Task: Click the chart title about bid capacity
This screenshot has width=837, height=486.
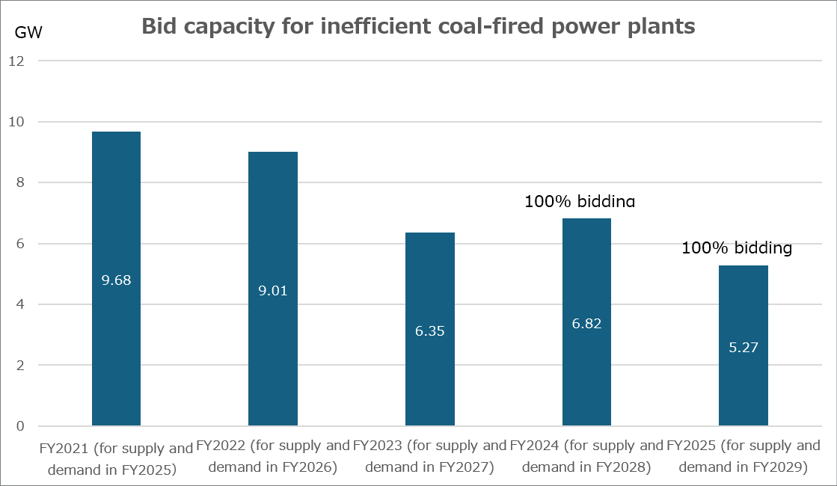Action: click(x=418, y=28)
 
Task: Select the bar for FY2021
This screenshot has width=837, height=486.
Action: click(x=116, y=336)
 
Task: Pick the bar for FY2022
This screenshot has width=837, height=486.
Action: click(x=273, y=351)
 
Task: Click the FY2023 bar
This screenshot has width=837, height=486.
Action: click(x=430, y=374)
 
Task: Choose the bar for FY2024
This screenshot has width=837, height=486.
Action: click(x=586, y=374)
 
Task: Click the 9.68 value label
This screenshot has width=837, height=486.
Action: click(x=116, y=280)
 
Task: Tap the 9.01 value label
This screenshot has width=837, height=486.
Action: click(x=273, y=290)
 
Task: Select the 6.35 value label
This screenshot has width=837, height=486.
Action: click(x=430, y=330)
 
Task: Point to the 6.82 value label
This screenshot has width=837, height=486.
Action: click(x=586, y=324)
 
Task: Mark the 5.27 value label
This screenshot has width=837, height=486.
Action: click(x=744, y=347)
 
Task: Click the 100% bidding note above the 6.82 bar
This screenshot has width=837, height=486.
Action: click(x=580, y=201)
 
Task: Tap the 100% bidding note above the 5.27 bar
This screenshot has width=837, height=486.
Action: click(x=737, y=248)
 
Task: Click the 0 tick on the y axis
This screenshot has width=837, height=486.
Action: click(x=20, y=426)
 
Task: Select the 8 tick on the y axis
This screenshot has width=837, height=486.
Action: click(x=20, y=183)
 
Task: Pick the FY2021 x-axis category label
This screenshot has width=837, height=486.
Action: click(x=116, y=459)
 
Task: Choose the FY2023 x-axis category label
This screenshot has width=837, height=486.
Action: click(x=430, y=457)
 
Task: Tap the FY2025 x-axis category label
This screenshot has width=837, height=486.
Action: click(x=744, y=457)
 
